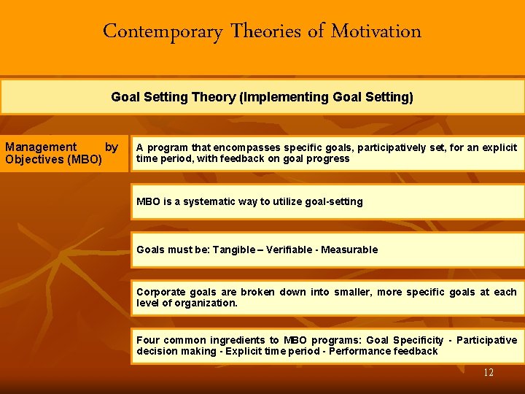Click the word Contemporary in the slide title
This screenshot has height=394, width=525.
point(162,31)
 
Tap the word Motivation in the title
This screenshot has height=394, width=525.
point(376,31)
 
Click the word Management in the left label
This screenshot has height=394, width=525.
point(41,147)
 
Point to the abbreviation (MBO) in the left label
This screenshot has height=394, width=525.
point(84,159)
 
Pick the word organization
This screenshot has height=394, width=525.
point(205,303)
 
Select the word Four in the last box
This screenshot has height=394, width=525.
point(148,340)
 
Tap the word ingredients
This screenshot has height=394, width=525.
point(237,340)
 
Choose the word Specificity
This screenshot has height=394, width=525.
point(418,340)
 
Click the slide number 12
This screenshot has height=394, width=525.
point(488,373)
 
